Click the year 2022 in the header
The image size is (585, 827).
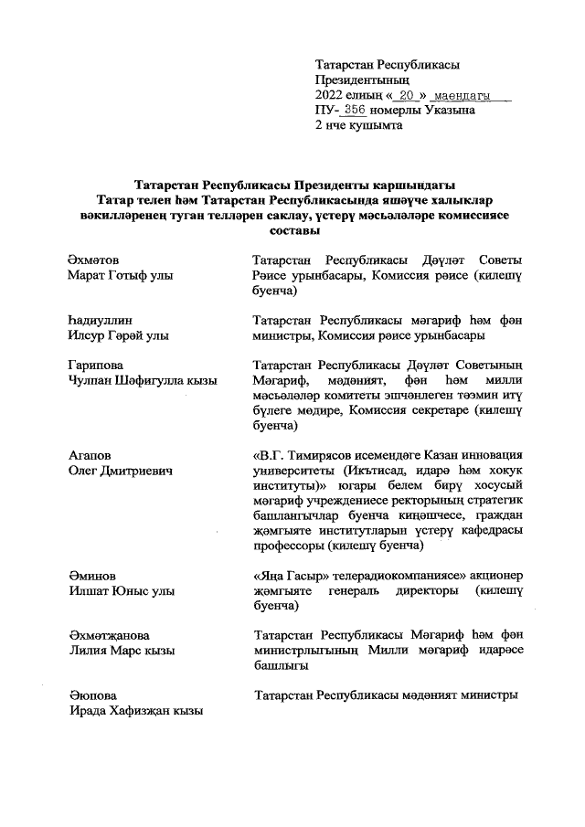coord(329,95)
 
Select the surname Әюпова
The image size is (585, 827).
coord(93,695)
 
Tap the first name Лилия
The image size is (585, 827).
coord(90,650)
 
